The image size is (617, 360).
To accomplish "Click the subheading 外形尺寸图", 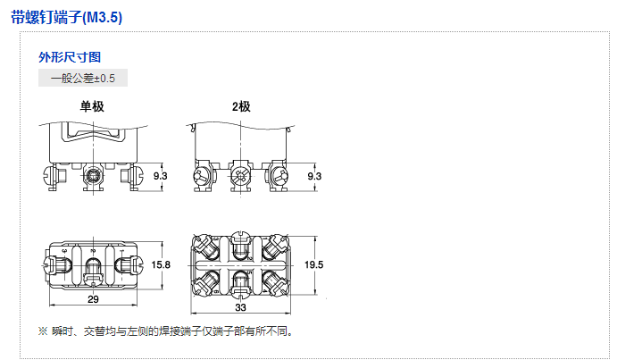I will click(63, 57).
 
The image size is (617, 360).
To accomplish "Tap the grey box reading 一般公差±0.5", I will click(83, 78).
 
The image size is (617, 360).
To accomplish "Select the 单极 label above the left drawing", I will click(93, 106).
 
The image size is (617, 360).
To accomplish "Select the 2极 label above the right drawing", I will click(241, 106).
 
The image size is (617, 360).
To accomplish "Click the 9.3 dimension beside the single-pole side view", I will click(161, 177).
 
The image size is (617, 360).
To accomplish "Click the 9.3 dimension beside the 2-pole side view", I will click(314, 177).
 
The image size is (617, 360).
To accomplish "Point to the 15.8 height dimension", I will click(162, 265).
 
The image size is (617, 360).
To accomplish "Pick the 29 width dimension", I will click(94, 299).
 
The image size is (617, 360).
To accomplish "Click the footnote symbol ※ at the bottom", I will click(42, 331).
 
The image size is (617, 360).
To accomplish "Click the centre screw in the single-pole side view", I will click(92, 177).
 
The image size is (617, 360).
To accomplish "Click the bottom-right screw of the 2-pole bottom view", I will click(276, 284).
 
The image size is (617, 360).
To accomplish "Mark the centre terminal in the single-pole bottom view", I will click(93, 266).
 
